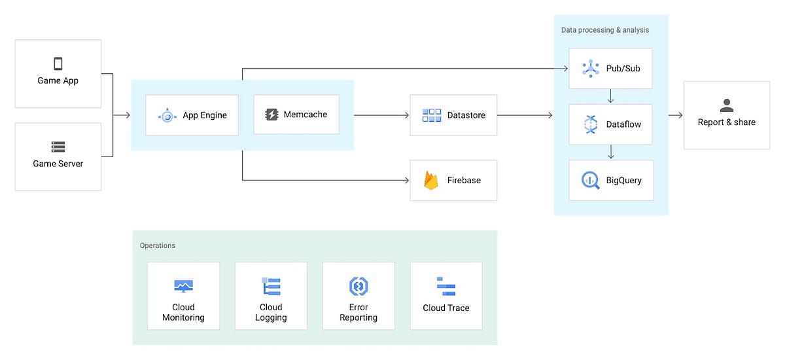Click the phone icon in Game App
pyautogui.click(x=58, y=63)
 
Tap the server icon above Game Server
pyautogui.click(x=58, y=147)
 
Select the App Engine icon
pyautogui.click(x=167, y=116)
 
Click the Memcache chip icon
pyautogui.click(x=271, y=115)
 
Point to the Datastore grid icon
pyautogui.click(x=432, y=115)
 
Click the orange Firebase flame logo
pyautogui.click(x=431, y=180)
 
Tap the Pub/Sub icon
pyautogui.click(x=591, y=69)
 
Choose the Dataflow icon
pyautogui.click(x=591, y=124)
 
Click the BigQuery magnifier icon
pyautogui.click(x=591, y=180)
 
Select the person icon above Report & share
pyautogui.click(x=726, y=105)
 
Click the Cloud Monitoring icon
pyautogui.click(x=183, y=286)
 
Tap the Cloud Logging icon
pyautogui.click(x=271, y=286)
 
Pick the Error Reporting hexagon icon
pyautogui.click(x=358, y=286)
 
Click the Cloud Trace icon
pyautogui.click(x=446, y=287)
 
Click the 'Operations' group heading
pyautogui.click(x=158, y=245)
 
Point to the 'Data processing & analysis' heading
pyautogui.click(x=605, y=30)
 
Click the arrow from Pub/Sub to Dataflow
pyautogui.click(x=610, y=96)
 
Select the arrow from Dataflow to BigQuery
pyautogui.click(x=610, y=153)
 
